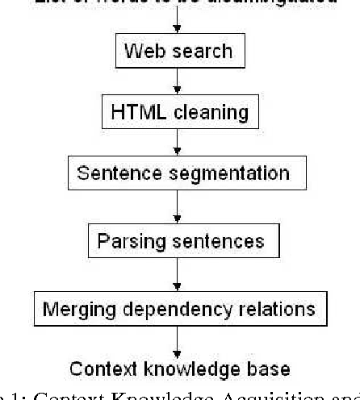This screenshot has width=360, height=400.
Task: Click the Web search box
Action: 178,52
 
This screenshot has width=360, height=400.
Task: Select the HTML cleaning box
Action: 178,112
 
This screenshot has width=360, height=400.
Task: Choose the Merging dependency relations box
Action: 178,308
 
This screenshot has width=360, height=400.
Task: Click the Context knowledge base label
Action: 179,370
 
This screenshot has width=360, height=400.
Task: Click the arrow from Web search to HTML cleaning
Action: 178,82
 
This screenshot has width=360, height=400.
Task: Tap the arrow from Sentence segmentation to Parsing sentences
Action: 178,206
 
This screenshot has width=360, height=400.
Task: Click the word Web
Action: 140,52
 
